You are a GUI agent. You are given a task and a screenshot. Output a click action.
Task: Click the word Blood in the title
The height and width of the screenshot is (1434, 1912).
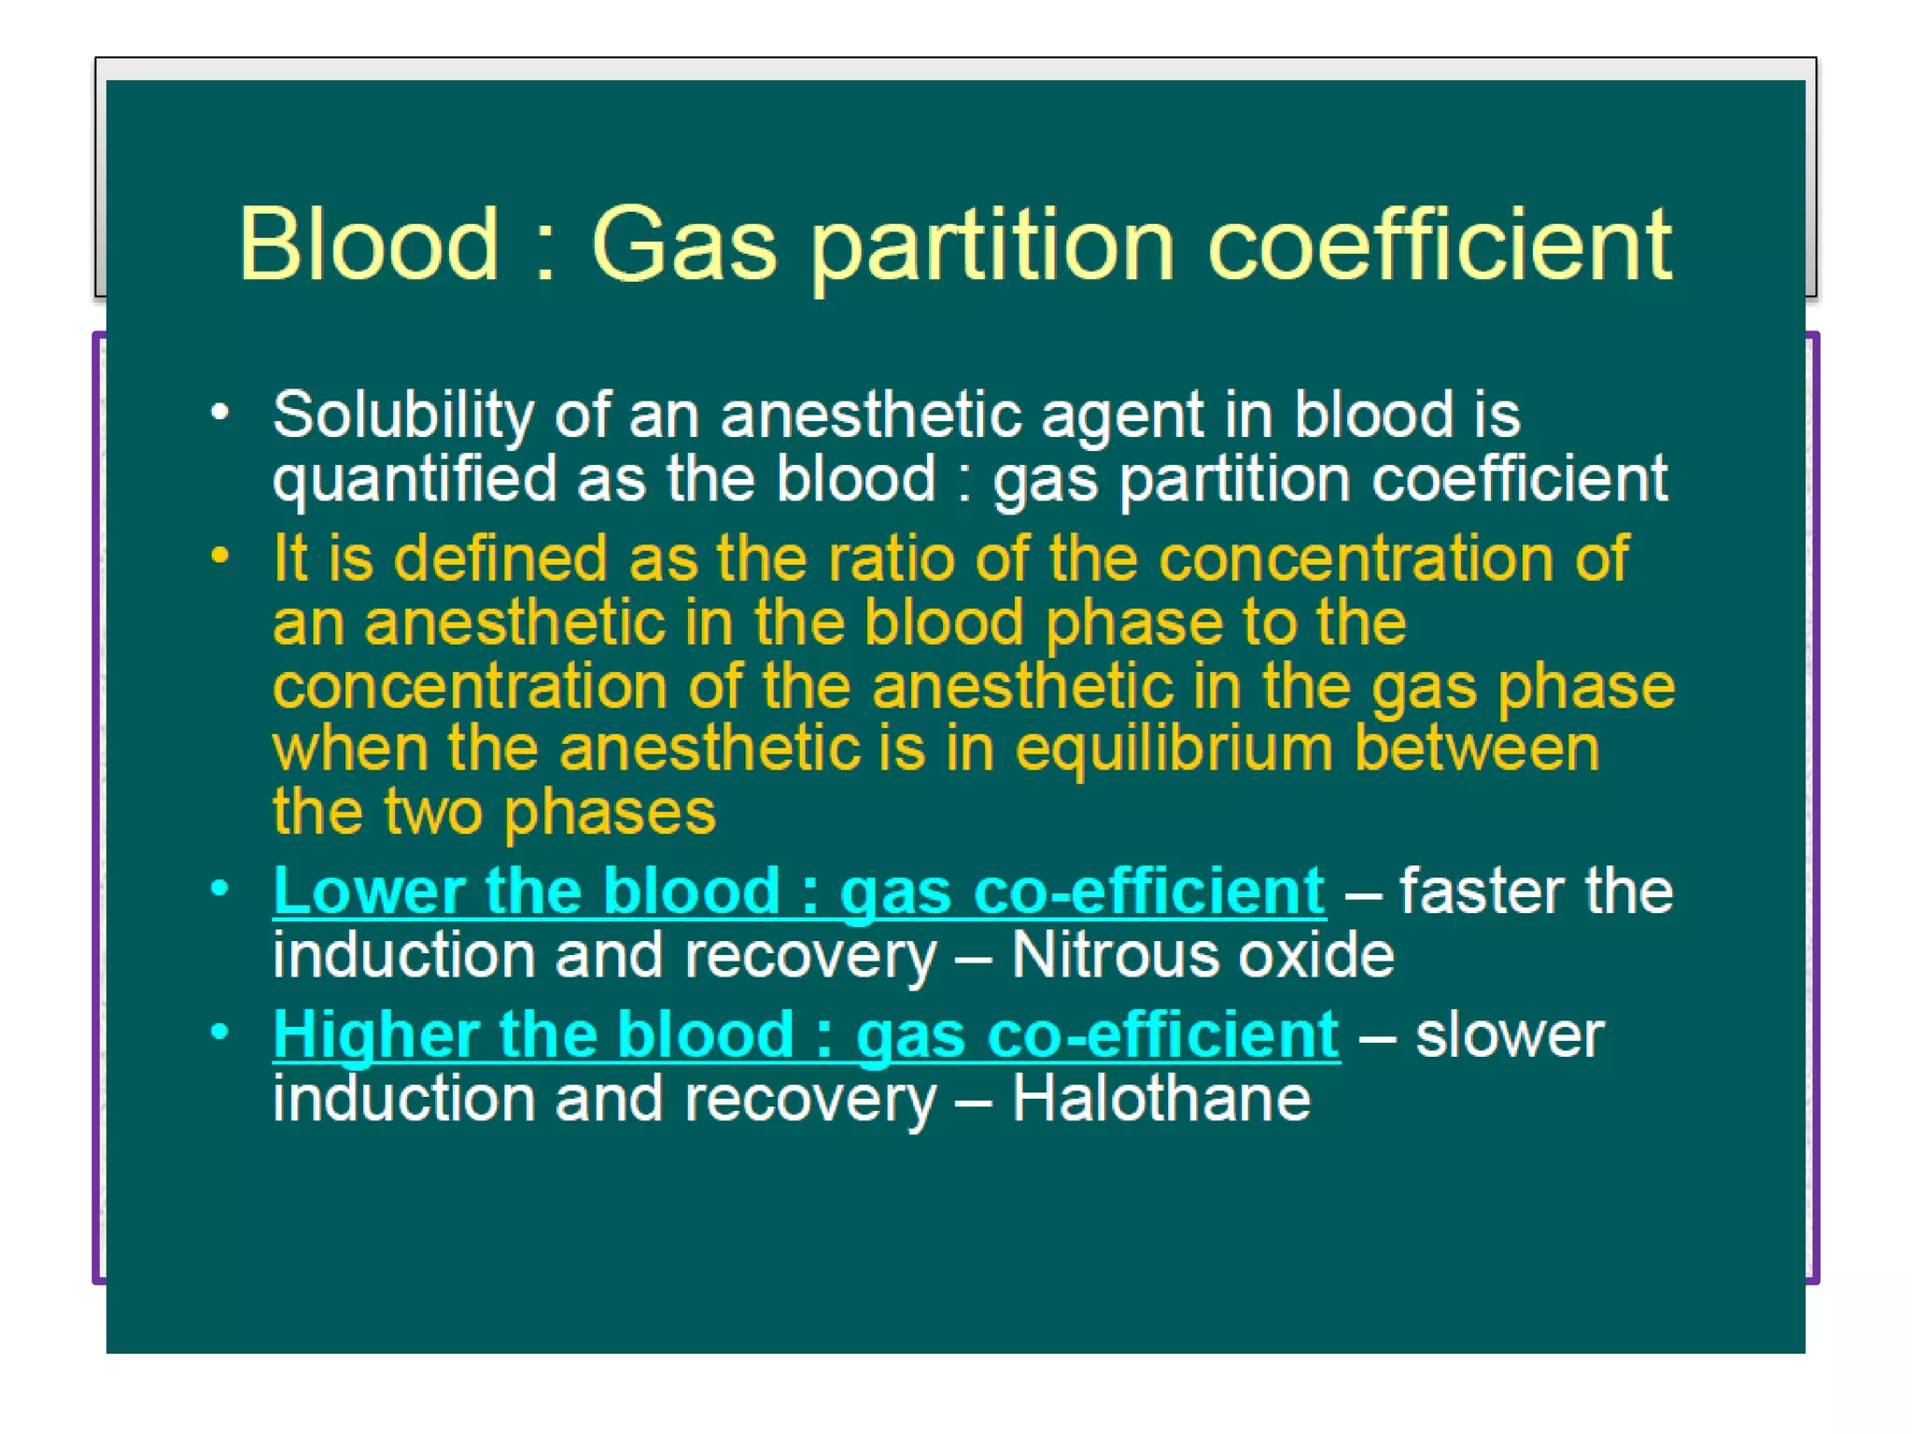369,245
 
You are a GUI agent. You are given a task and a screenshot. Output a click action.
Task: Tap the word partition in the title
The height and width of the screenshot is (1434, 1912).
991,246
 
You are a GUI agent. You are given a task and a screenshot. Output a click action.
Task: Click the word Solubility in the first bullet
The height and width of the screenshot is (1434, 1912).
402,415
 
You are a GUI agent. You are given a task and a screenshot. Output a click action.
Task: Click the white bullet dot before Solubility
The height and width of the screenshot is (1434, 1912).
220,412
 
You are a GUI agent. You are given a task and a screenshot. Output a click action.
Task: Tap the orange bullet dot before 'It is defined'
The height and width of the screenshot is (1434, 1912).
220,555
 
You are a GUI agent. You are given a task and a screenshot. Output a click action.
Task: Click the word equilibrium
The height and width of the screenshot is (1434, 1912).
1174,751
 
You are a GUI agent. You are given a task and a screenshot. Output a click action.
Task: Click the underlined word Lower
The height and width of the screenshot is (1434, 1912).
369,892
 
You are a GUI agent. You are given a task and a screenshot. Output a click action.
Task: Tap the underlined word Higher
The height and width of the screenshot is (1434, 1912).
375,1035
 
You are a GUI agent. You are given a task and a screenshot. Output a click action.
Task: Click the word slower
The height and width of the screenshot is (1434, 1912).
1509,1035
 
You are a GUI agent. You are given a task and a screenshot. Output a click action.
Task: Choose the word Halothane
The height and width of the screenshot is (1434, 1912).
1160,1099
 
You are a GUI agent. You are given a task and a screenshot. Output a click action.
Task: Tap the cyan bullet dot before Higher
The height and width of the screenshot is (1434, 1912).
220,1032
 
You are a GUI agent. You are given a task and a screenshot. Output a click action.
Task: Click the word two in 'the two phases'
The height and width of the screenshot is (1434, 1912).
433,813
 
